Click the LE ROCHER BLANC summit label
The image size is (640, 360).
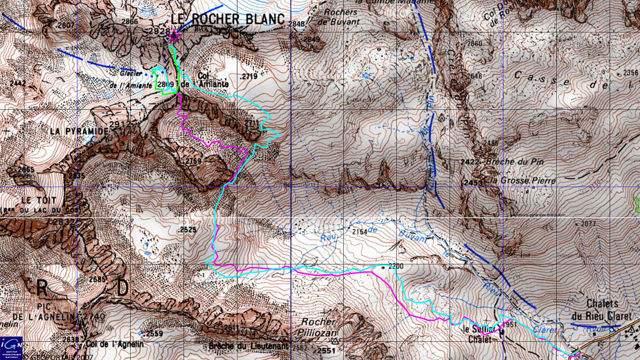[x=228, y=19]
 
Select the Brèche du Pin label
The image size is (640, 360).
[x=514, y=162]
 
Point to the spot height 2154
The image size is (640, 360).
[x=360, y=232]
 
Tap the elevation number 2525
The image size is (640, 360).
[x=187, y=230]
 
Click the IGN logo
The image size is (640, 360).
[x=11, y=345]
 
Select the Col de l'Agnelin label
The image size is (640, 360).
[x=115, y=344]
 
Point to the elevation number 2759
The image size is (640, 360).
[x=193, y=161]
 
